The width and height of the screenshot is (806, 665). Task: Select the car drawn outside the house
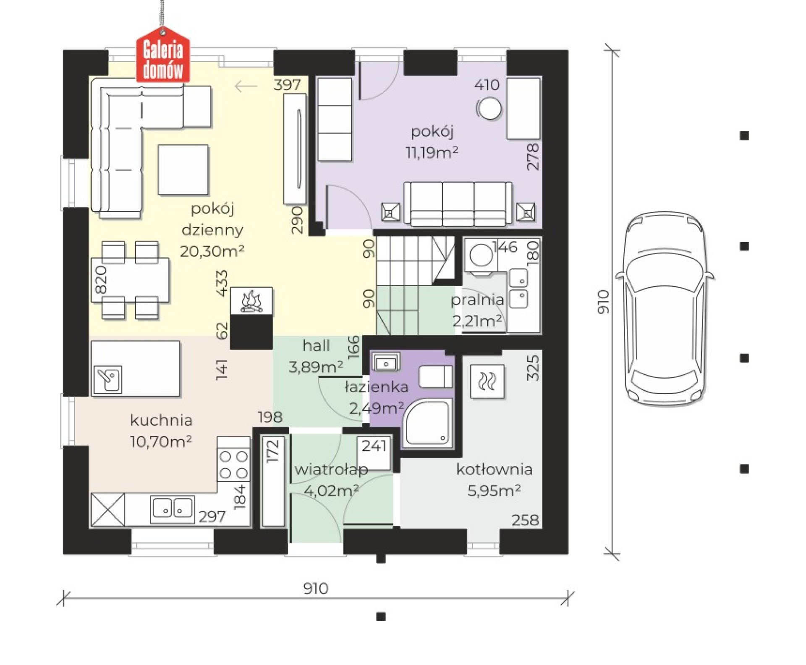click(665, 309)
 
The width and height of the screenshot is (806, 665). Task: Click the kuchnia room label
click(161, 420)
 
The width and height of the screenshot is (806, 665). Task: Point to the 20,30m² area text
click(212, 251)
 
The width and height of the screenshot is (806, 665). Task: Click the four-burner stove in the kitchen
click(234, 464)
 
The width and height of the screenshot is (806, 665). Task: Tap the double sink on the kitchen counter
click(173, 509)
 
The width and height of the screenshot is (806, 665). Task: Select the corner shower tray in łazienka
click(428, 423)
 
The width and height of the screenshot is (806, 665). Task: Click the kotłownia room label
click(494, 469)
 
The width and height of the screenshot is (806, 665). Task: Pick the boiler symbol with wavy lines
click(487, 381)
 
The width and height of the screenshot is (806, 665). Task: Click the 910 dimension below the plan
click(316, 589)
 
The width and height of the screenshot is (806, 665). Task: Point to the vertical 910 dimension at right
click(603, 302)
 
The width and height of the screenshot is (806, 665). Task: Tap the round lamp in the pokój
click(489, 109)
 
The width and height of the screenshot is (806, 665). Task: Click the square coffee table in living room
click(183, 170)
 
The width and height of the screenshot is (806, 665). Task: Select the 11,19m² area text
click(432, 152)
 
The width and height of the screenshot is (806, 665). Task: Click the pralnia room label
click(477, 300)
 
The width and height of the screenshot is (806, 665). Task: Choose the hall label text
click(316, 346)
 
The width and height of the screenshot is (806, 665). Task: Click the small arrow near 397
click(246, 86)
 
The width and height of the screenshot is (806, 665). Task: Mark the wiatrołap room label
click(331, 469)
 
